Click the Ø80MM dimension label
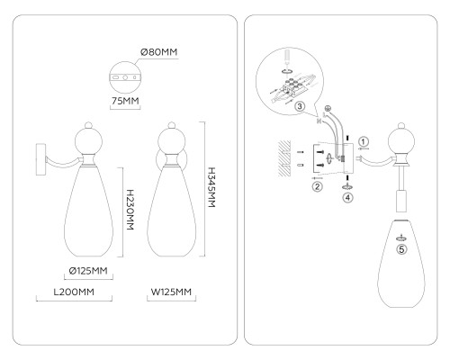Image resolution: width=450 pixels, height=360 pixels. click(158, 52)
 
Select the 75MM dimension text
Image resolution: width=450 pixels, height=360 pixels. click(125, 101)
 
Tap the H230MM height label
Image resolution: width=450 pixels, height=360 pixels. click(130, 210)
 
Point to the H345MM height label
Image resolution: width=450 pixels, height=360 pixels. click(211, 187)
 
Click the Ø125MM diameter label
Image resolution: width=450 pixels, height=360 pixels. click(88, 271)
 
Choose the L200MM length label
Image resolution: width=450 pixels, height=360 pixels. click(74, 292)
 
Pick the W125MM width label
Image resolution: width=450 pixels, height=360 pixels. click(171, 292)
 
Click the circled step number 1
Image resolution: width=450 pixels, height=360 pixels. click(364, 141)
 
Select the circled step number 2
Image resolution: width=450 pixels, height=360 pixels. click(317, 186)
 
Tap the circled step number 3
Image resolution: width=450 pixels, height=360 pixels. click(300, 106)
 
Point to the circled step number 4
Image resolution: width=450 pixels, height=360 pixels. click(347, 198)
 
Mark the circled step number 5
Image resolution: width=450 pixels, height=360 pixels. click(401, 249)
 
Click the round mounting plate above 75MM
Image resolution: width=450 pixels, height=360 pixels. click(125, 77)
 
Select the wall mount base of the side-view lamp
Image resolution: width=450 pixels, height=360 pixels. click(40, 159)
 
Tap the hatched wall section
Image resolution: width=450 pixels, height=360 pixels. click(284, 158)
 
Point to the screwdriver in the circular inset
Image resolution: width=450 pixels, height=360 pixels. click(288, 57)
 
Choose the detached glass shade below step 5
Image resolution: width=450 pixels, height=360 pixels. click(401, 264)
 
